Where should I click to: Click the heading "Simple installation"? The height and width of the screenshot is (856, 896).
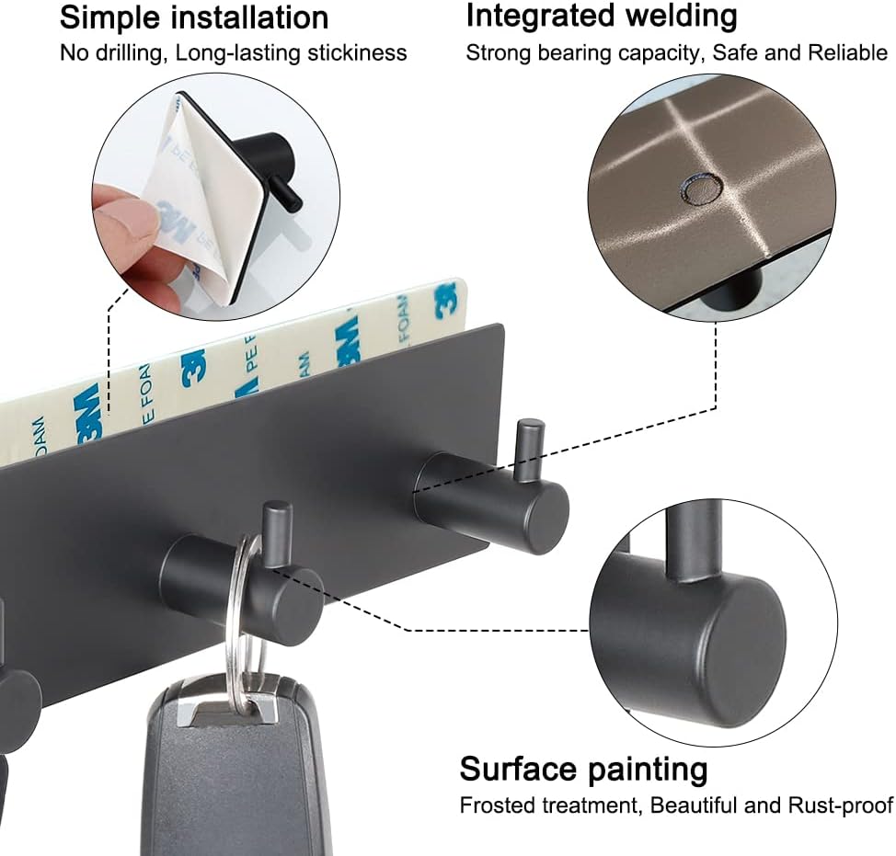194,17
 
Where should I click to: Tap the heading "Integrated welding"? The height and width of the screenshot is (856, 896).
602,17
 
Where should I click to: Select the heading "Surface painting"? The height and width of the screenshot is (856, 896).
583,769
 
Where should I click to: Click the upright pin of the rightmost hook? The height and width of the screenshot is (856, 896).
530,450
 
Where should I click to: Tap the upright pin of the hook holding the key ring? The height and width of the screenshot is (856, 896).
277,534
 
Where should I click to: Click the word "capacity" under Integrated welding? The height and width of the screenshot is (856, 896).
659,53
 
